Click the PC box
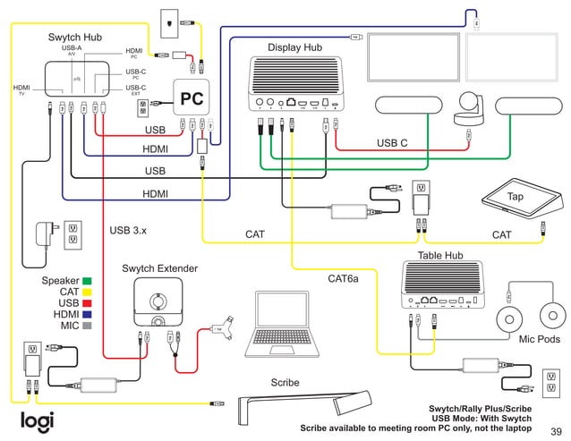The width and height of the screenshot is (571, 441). (191, 99)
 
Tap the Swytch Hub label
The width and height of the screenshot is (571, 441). (74, 38)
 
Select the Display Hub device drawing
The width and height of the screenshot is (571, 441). (299, 83)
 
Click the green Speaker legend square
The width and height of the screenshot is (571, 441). (88, 281)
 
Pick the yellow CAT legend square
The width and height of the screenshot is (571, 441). (88, 293)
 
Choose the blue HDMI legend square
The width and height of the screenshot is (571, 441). (88, 315)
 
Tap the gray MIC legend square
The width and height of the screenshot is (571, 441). (88, 327)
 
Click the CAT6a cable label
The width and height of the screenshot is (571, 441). (343, 279)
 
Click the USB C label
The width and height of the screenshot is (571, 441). (392, 142)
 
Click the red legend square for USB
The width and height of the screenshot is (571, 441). (88, 304)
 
